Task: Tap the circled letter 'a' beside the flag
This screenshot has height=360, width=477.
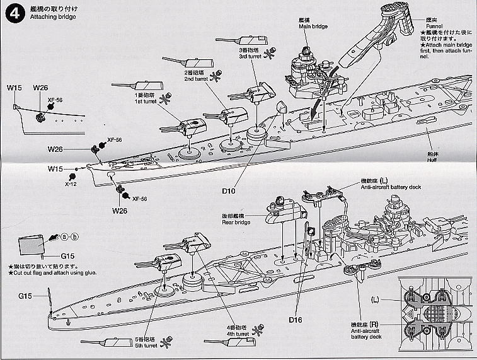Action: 64,236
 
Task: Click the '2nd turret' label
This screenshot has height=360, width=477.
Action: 195,78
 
